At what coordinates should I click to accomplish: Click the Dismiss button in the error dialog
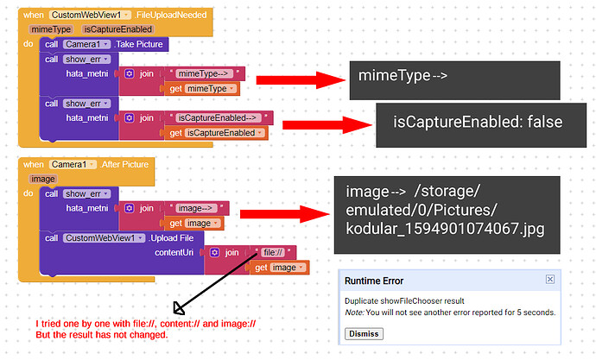click(364, 334)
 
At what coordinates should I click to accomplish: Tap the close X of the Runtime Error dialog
click(549, 280)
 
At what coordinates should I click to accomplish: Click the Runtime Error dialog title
click(374, 281)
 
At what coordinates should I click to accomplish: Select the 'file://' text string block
click(273, 253)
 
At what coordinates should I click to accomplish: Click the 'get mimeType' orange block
click(202, 89)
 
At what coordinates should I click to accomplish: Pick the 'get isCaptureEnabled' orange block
click(216, 133)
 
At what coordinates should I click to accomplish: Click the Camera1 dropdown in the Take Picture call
click(86, 44)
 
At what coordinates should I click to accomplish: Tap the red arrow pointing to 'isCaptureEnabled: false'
click(327, 125)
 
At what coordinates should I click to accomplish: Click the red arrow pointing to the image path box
click(284, 214)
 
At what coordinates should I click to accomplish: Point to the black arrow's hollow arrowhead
click(178, 308)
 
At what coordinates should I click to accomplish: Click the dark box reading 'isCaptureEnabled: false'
click(481, 125)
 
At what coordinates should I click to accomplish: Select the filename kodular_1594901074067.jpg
click(445, 229)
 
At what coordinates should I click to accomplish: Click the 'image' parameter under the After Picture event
click(43, 179)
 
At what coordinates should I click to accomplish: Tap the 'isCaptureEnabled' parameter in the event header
click(117, 29)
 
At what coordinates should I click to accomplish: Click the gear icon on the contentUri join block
click(215, 253)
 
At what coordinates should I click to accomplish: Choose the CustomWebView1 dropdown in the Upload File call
click(104, 238)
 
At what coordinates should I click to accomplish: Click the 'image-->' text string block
click(197, 208)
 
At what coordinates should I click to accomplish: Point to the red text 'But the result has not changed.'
click(102, 335)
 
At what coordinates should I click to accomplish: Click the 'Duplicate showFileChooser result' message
click(404, 301)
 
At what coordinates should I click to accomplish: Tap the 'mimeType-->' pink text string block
click(204, 73)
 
